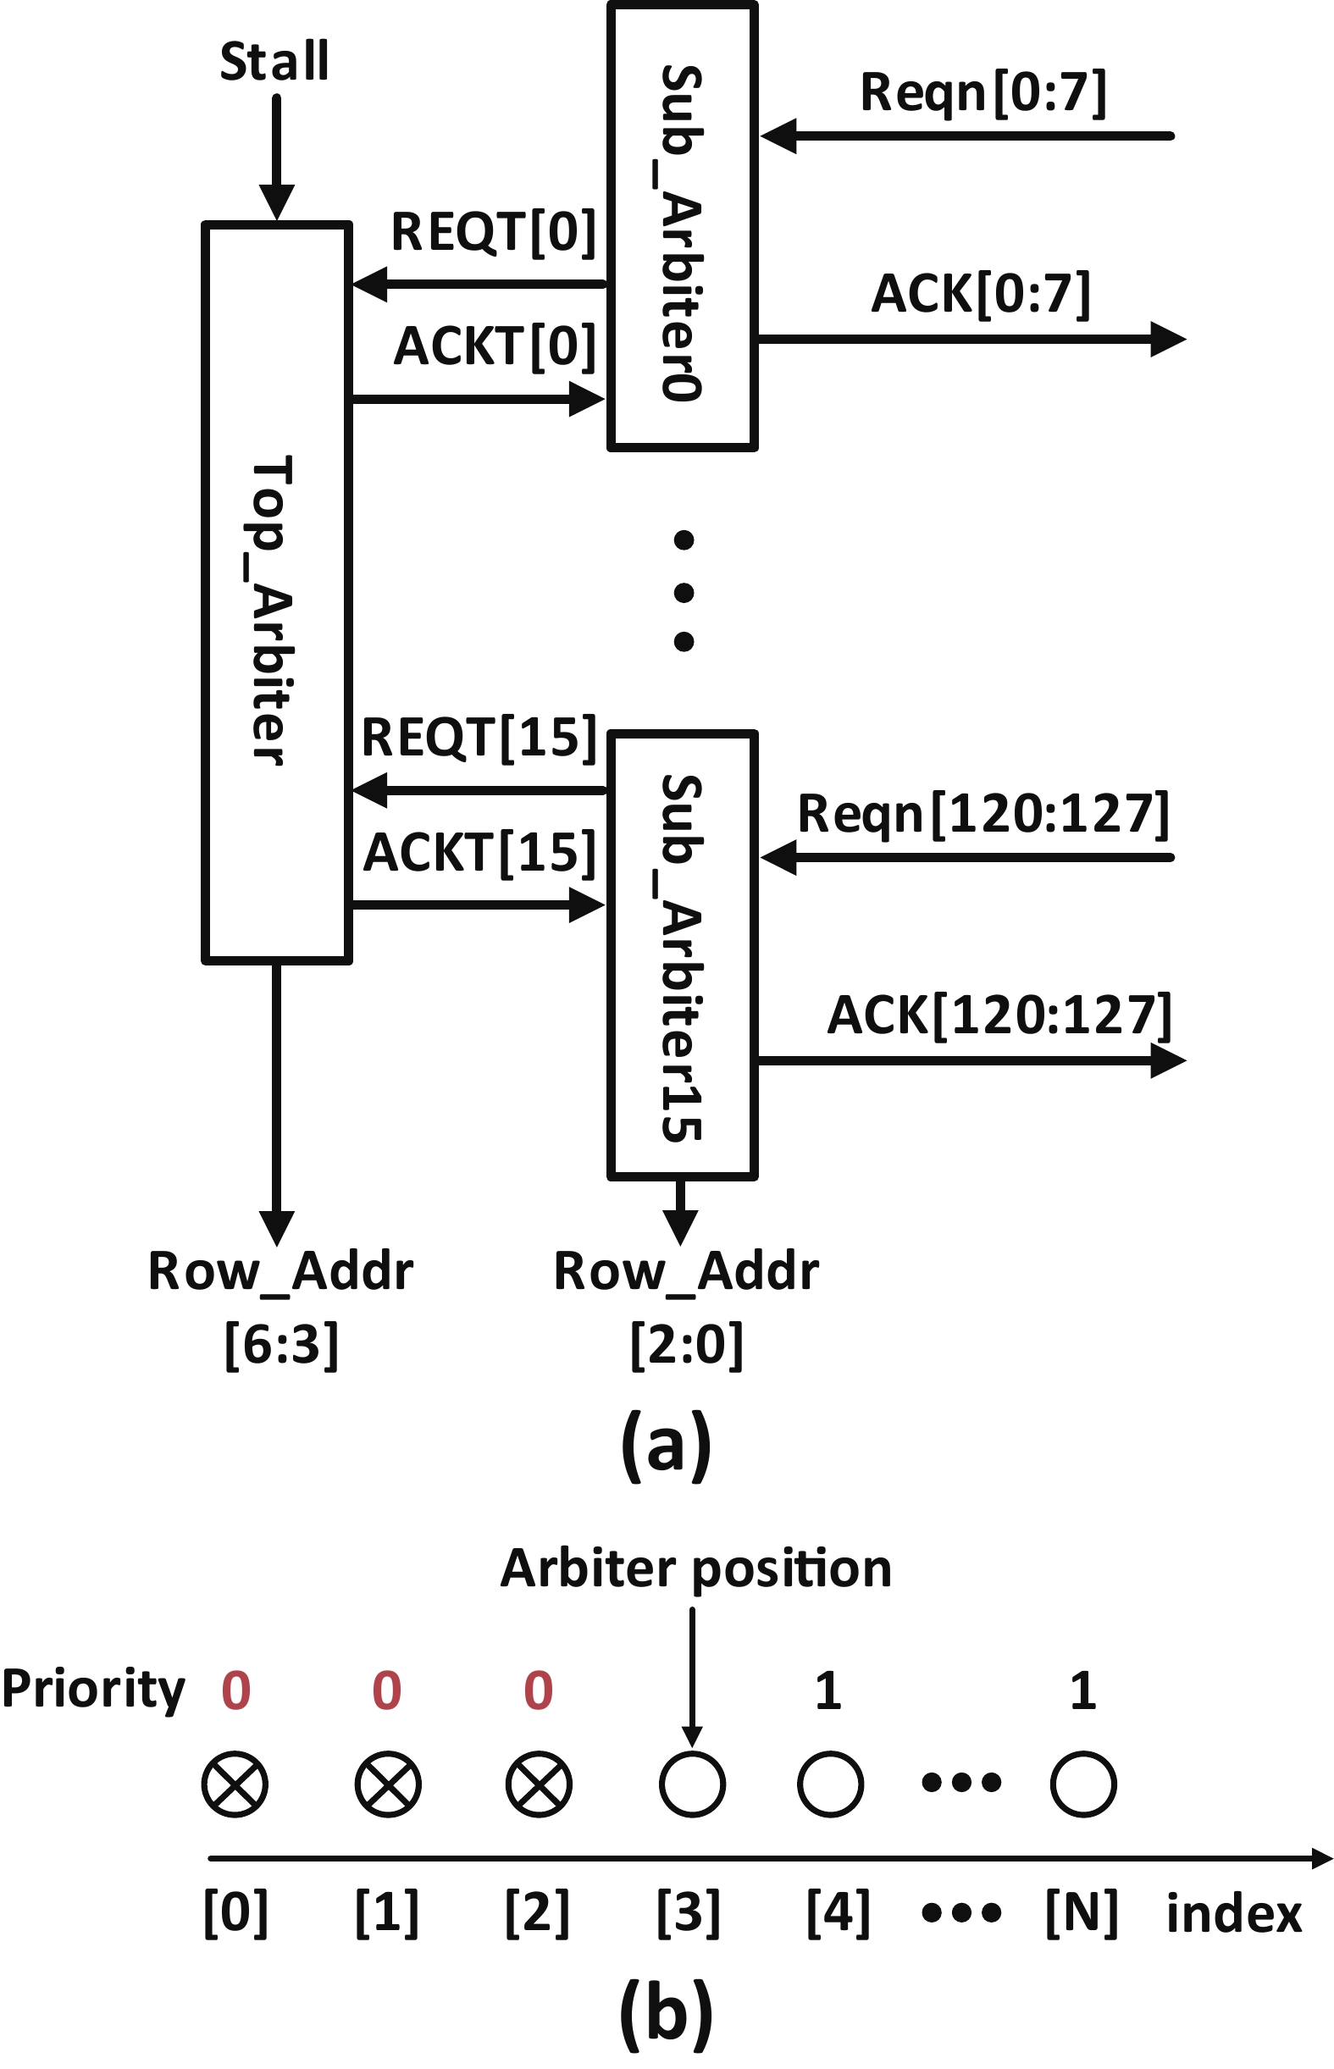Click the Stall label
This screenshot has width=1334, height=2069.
pos(274,62)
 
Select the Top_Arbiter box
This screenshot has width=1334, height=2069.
pos(276,592)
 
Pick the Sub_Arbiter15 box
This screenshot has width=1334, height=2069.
pos(683,954)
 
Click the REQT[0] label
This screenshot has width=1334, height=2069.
pos(494,232)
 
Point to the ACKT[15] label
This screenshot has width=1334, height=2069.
pos(480,852)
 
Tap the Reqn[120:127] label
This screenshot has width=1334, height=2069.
pos(983,814)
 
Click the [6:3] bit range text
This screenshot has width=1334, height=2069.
pos(281,1344)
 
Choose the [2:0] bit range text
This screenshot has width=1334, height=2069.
pos(686,1344)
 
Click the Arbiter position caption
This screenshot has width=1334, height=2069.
pos(695,1568)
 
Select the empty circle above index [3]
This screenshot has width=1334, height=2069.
pos(692,1784)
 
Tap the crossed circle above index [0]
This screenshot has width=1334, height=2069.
pos(235,1784)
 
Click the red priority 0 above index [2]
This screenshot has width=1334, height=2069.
pos(538,1690)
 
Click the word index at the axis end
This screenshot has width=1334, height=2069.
pos(1233,1914)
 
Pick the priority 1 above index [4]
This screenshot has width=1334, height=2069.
pos(828,1690)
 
